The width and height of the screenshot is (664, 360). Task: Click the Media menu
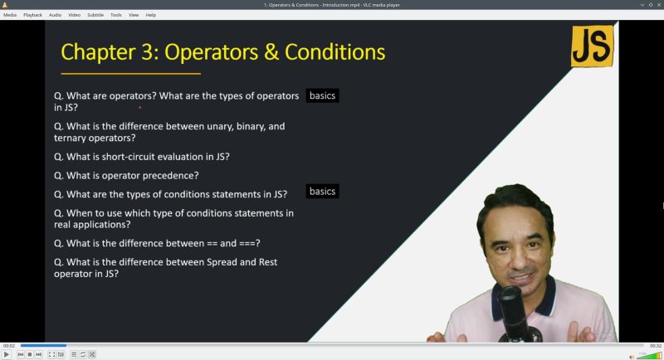(10, 15)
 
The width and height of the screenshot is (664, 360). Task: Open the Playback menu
(32, 15)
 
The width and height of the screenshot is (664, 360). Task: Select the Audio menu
(55, 15)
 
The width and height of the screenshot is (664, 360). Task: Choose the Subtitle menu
(95, 15)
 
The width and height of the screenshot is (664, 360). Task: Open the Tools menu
(115, 15)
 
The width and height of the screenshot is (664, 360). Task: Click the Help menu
(150, 15)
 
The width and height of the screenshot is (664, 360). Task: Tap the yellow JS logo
(593, 46)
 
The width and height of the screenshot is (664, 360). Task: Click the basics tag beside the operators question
(322, 95)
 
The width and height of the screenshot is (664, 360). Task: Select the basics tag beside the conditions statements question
(322, 192)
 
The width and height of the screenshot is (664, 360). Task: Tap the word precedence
(170, 175)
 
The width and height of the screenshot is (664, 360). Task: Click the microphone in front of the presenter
(509, 303)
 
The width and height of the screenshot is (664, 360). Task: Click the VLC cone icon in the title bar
(5, 5)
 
